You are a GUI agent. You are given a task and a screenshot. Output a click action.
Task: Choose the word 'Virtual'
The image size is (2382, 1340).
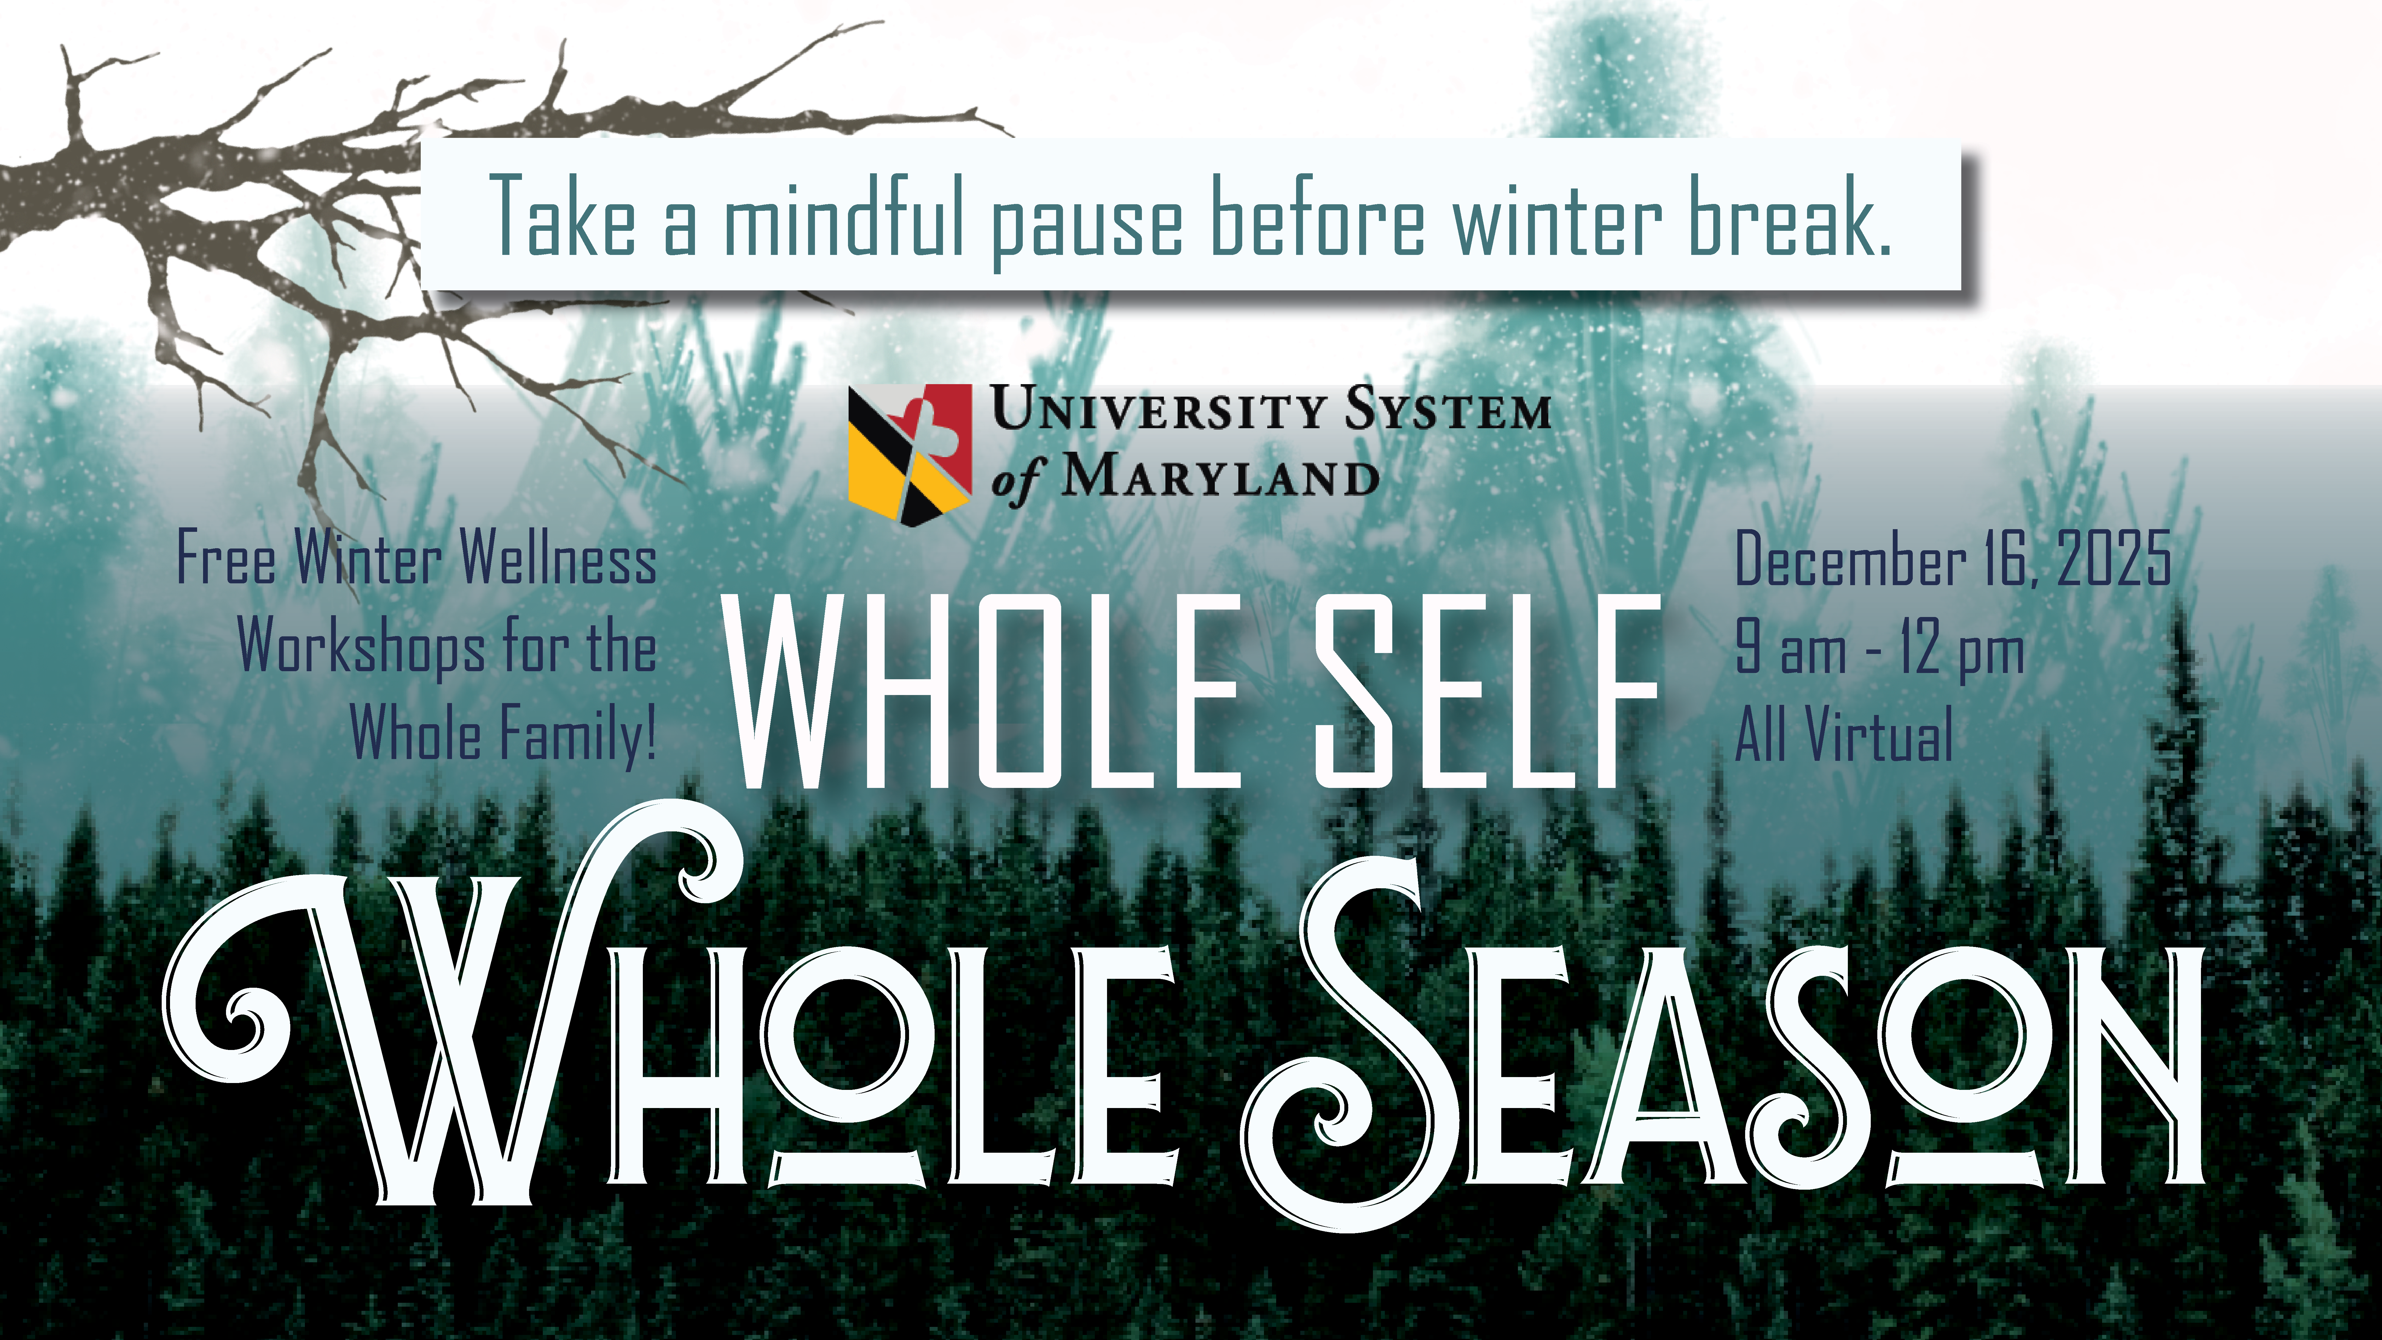(1879, 735)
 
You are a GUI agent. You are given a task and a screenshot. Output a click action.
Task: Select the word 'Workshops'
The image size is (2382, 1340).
(361, 647)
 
